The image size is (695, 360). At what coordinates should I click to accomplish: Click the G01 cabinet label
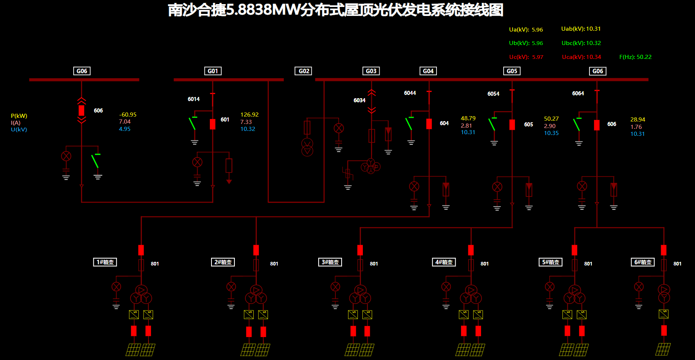[213, 71]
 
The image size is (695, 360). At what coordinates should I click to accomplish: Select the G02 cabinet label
[304, 71]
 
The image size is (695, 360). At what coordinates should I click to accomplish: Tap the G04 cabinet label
[428, 71]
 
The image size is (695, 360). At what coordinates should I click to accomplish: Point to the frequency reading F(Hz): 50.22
[635, 57]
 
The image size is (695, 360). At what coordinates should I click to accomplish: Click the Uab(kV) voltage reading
[581, 29]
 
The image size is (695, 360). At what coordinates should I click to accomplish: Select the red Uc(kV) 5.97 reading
[526, 57]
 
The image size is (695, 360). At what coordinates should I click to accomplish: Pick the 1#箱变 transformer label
[105, 262]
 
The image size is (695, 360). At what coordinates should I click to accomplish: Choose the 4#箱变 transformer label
[444, 262]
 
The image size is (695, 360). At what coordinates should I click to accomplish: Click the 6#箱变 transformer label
[643, 262]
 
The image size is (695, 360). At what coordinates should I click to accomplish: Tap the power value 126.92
[250, 115]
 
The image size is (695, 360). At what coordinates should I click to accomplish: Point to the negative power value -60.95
[128, 115]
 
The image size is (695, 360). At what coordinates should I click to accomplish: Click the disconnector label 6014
[193, 99]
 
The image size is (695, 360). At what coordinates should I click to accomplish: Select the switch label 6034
[360, 100]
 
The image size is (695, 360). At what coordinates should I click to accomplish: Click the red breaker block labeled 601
[213, 124]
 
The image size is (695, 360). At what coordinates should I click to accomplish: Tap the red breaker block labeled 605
[512, 124]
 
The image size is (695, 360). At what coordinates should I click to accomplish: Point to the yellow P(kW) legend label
[19, 116]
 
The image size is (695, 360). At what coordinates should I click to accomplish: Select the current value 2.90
[550, 126]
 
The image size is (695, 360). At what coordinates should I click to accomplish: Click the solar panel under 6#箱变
[663, 349]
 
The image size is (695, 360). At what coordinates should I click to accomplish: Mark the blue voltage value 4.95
[125, 129]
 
